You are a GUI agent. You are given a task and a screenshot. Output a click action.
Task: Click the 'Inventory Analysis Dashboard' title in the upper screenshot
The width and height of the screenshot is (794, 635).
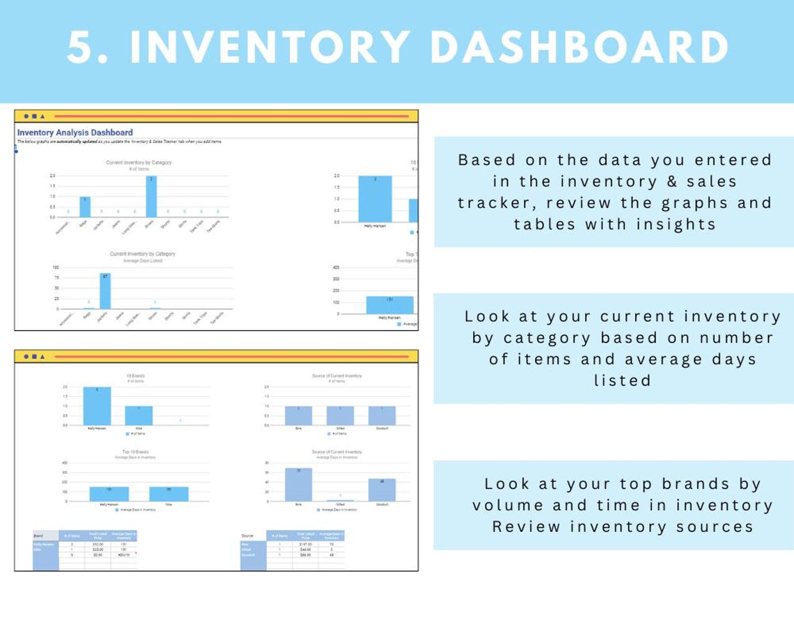(x=75, y=132)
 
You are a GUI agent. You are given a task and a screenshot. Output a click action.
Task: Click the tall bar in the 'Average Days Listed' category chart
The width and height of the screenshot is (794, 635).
(x=105, y=291)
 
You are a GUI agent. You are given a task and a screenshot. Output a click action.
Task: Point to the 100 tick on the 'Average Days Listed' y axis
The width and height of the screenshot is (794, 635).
(x=55, y=267)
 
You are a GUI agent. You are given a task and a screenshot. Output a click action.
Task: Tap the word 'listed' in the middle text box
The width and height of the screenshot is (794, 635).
(x=622, y=380)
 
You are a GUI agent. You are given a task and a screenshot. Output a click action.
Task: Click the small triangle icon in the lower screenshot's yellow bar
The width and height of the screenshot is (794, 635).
(x=42, y=356)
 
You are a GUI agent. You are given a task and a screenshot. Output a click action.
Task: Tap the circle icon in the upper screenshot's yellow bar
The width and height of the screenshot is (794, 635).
(x=26, y=116)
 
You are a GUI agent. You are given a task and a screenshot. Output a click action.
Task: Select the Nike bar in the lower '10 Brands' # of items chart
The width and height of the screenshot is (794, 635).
(x=138, y=415)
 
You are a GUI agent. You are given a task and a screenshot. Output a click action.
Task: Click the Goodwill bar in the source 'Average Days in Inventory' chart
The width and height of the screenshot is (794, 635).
(x=382, y=489)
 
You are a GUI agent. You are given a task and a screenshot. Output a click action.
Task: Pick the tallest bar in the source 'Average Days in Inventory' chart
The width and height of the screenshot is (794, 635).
(x=298, y=484)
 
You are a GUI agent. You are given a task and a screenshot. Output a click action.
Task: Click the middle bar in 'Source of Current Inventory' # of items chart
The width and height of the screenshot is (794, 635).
(x=340, y=415)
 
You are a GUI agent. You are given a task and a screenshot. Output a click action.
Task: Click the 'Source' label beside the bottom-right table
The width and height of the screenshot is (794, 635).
(x=247, y=535)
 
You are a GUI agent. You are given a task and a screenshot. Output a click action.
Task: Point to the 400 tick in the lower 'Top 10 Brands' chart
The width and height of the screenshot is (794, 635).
(x=64, y=463)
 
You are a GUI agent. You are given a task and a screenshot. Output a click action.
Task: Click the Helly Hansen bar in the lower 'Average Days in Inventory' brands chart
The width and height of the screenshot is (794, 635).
(x=109, y=494)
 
